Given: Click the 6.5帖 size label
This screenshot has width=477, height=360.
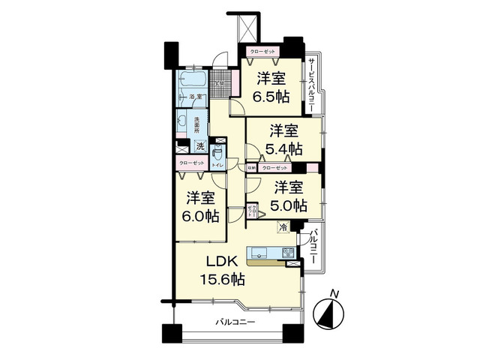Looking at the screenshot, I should coord(271,96).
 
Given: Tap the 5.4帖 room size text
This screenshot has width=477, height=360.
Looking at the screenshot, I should coord(286,148).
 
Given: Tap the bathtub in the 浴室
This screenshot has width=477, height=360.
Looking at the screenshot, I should coord(193,80).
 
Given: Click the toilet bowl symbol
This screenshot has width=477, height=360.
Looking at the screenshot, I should coord(215,149).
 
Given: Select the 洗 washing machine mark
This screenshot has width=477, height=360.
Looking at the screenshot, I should coord(200,145).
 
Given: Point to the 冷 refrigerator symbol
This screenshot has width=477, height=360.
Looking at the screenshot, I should coord(283,227).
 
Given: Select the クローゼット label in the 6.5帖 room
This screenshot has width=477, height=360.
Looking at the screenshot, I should coord(262,52).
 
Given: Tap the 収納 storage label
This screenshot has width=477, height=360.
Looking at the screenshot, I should coord(251,167).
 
